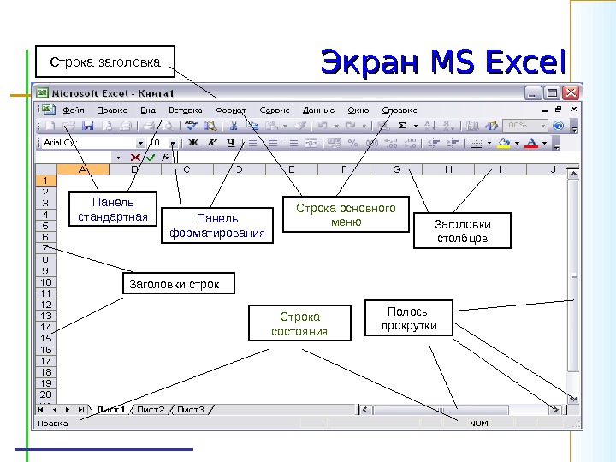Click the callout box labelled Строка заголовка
105,62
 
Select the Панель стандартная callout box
112,210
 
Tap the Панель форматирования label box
219,225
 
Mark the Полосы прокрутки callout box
407,318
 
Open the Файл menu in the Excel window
73,110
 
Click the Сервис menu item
275,110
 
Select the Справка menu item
400,110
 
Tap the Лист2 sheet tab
152,410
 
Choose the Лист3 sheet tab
190,410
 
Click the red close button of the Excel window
572,92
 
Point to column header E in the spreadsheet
292,169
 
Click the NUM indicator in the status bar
479,423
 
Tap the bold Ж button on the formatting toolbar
193,142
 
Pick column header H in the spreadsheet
448,169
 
